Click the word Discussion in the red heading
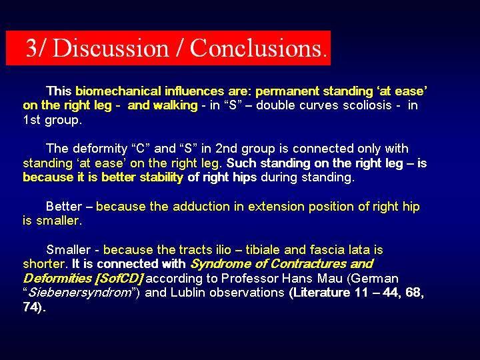(x=111, y=48)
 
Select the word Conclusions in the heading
(x=259, y=48)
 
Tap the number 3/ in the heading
(x=35, y=48)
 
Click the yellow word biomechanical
(x=118, y=91)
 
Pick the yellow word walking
(x=175, y=105)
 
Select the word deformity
(x=100, y=149)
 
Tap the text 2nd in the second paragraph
(x=226, y=149)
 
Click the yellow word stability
(x=161, y=177)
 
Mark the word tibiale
(x=263, y=250)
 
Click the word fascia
(x=327, y=250)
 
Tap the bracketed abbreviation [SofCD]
(x=119, y=279)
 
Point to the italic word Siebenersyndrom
(x=79, y=293)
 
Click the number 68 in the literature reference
(x=414, y=293)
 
